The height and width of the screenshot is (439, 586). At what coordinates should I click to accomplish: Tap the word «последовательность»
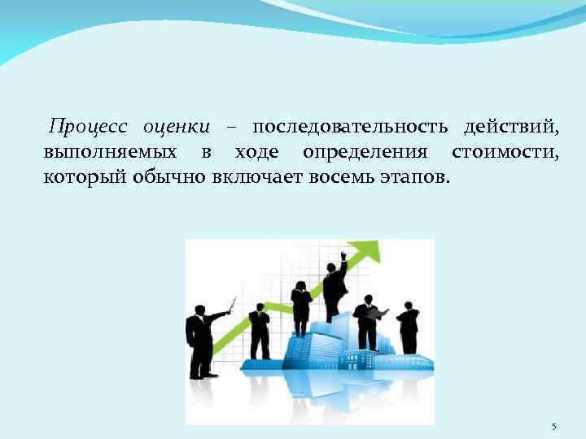pos(350,128)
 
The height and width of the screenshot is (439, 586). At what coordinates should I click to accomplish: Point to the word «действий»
pos(511,128)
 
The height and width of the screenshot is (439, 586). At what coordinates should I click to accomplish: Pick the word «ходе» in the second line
pos(258,153)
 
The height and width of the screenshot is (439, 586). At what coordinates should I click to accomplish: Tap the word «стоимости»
pos(505,153)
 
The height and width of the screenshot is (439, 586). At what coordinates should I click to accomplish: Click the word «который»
pos(84,177)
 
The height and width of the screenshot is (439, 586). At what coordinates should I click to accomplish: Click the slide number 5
pos(554,427)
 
